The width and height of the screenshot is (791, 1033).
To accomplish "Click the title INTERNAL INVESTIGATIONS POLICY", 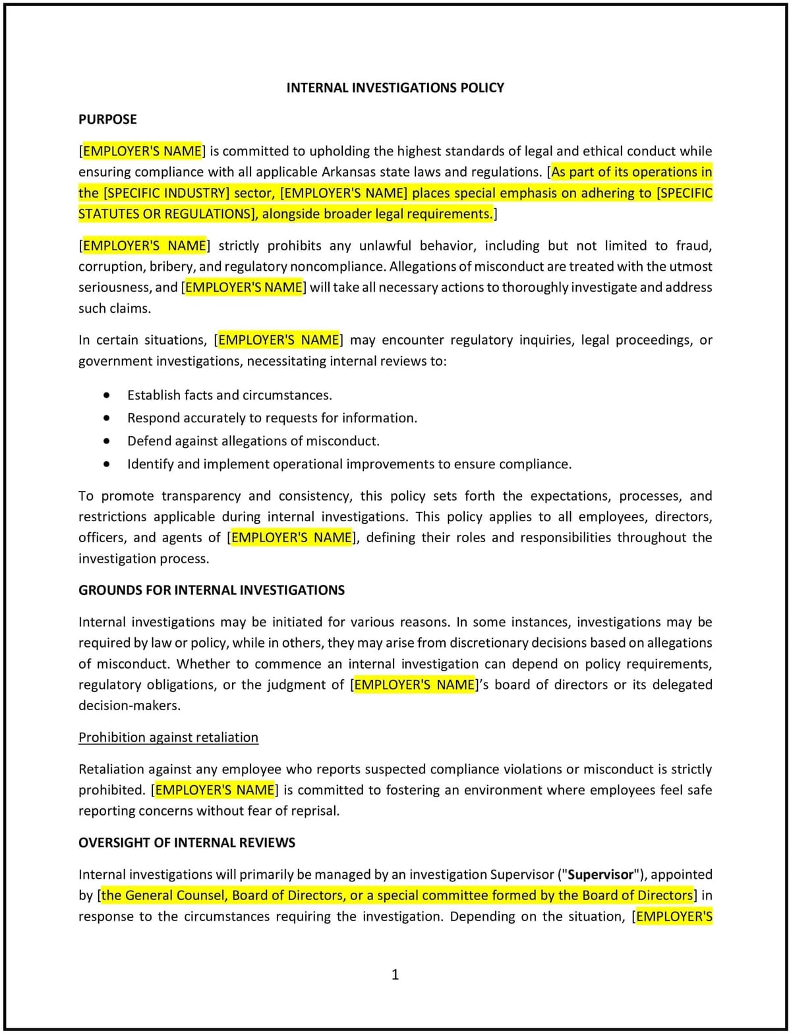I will click(x=395, y=88).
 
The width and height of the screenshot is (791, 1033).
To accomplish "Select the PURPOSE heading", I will click(x=107, y=119).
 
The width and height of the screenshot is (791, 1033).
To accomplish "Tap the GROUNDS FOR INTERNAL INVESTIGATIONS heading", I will click(x=211, y=590).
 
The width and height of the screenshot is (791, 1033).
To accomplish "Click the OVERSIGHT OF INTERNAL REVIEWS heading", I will click(x=187, y=842).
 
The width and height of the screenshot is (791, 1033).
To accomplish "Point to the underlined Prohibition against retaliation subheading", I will click(x=168, y=737).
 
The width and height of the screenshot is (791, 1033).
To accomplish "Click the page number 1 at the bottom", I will click(x=395, y=974).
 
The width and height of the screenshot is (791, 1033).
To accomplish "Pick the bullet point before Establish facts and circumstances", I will click(x=107, y=395).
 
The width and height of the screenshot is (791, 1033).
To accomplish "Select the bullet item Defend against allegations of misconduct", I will click(x=253, y=441).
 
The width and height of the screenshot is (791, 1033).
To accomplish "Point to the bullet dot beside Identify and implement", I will click(x=107, y=464).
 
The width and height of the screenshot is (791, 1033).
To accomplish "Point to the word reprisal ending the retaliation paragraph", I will click(x=314, y=811).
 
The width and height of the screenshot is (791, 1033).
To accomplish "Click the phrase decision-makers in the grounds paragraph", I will click(x=129, y=706).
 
